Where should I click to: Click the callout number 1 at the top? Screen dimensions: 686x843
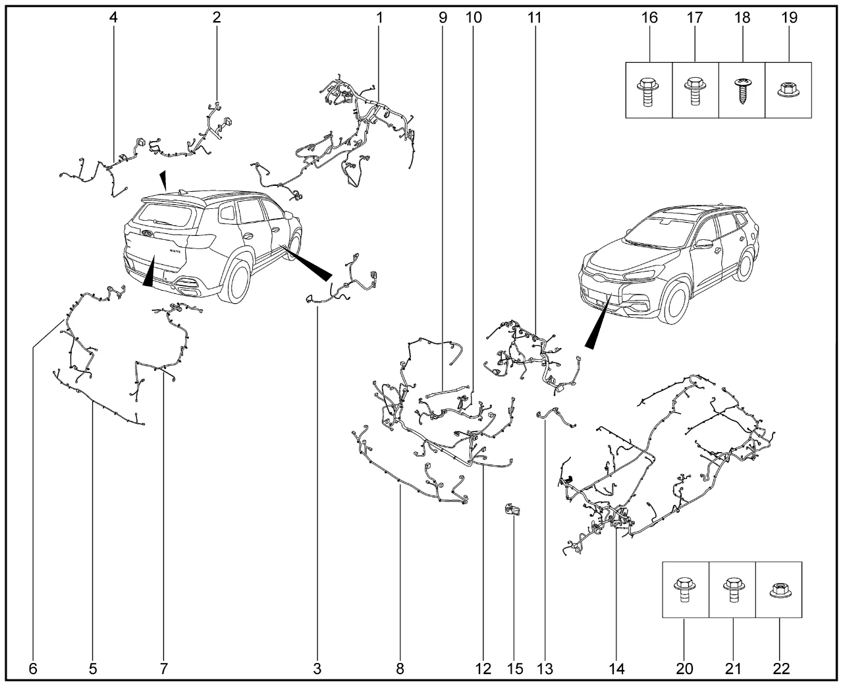point(379,18)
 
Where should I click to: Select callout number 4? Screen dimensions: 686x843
point(114,18)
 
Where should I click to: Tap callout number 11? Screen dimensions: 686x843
point(533,18)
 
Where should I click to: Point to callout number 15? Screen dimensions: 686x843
point(515,669)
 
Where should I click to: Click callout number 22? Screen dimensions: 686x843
point(781,669)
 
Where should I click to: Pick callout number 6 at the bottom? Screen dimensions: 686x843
point(33,669)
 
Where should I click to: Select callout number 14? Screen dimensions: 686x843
point(616,669)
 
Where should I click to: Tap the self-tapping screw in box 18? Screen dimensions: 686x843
point(742,90)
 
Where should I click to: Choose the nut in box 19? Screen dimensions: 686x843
point(788,88)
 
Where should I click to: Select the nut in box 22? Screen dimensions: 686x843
point(779,587)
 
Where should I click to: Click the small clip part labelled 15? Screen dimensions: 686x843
point(512,509)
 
